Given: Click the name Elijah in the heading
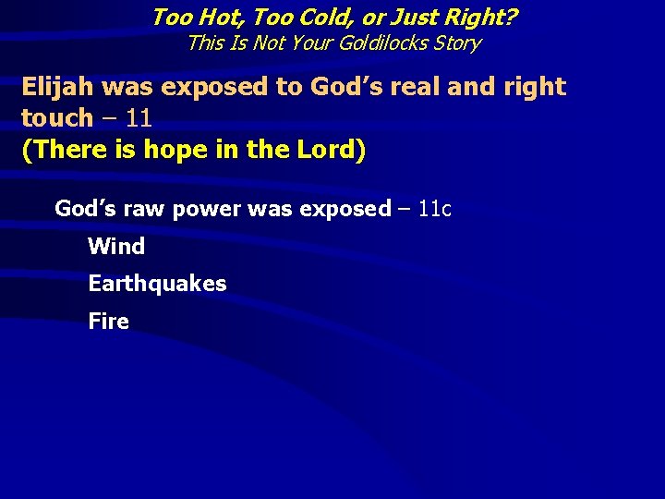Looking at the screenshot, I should [58, 87].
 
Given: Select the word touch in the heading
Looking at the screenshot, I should [56, 117].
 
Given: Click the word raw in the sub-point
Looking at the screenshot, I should [143, 209].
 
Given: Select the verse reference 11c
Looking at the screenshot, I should [434, 209].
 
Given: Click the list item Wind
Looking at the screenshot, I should [116, 247].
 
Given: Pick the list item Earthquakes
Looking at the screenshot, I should [157, 284].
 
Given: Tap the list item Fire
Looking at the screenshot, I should [108, 322].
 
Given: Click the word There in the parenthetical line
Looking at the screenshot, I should [66, 150].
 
